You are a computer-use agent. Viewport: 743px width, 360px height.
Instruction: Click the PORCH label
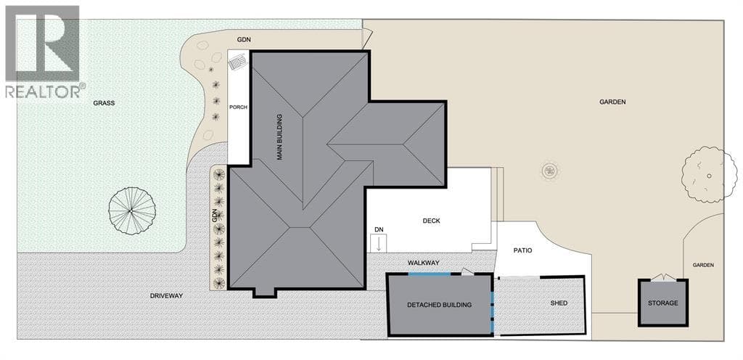[238, 107]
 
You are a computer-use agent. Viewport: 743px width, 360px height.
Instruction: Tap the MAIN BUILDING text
[279, 136]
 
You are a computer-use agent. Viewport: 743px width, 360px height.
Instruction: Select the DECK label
[432, 221]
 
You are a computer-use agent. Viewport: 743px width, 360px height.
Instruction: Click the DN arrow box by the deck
[379, 240]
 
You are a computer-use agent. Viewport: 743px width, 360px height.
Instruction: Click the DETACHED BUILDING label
[439, 305]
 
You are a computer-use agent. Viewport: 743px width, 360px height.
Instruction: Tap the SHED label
[559, 303]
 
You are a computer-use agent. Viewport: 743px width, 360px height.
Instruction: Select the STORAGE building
[662, 303]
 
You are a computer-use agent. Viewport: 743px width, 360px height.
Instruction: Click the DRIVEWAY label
[166, 295]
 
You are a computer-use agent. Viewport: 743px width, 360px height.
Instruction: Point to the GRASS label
[104, 103]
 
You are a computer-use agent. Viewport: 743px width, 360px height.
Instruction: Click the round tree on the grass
[132, 210]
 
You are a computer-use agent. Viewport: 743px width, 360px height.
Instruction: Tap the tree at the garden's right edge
[709, 175]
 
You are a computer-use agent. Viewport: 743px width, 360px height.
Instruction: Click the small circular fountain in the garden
[550, 170]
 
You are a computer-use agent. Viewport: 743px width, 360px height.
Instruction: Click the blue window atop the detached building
[430, 274]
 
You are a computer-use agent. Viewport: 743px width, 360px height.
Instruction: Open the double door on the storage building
[662, 277]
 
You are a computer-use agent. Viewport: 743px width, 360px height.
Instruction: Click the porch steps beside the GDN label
[238, 62]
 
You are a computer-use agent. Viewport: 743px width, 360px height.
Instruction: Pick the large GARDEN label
[612, 102]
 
